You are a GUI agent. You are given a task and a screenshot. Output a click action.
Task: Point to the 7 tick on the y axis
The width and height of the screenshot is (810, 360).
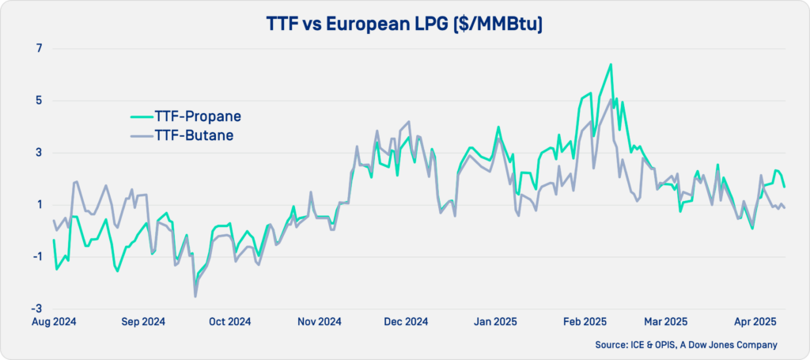37,48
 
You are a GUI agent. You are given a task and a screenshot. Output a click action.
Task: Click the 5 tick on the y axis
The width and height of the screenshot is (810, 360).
37,100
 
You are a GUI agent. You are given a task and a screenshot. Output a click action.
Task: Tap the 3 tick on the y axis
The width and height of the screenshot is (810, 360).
37,153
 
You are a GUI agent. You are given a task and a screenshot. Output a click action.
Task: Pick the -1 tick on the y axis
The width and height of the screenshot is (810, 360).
35,256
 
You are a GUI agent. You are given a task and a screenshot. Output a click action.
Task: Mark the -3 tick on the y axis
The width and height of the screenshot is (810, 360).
35,309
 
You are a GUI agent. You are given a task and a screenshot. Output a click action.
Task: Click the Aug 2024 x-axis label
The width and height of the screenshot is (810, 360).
52,322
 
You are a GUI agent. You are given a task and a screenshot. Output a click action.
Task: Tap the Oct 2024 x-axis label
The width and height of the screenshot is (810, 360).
229,322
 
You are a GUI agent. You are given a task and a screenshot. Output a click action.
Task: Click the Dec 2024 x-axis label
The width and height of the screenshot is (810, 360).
406,322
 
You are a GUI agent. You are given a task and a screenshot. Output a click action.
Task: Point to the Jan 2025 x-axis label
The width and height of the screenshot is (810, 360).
494,322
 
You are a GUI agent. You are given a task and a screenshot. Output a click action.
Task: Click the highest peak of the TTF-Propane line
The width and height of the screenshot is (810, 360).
611,64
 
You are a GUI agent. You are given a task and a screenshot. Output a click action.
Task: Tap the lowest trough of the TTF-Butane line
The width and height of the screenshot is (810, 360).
195,297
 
